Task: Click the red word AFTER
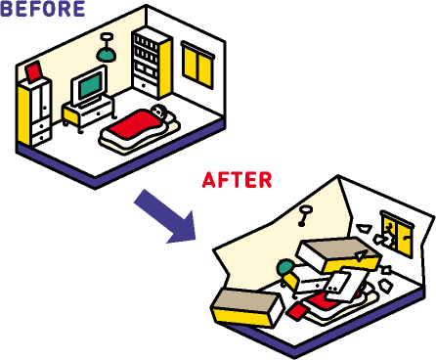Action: (x=237, y=180)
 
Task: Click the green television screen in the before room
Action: (x=90, y=86)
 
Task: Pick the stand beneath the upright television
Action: (x=88, y=111)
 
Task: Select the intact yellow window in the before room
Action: (x=197, y=66)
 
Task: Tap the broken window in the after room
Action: (x=395, y=234)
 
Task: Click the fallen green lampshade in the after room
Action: (x=284, y=266)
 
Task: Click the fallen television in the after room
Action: (x=342, y=288)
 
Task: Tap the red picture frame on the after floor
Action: (x=296, y=311)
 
